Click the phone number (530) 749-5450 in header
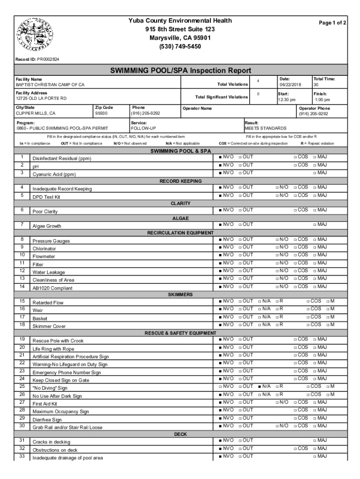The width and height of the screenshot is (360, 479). pyautogui.click(x=180, y=46)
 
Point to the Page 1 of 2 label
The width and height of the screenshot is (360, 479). pyautogui.click(x=332, y=22)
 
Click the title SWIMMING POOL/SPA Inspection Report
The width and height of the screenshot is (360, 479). pyautogui.click(x=180, y=71)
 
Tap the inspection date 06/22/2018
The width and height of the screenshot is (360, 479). pyautogui.click(x=290, y=85)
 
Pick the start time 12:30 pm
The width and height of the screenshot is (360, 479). pyautogui.click(x=287, y=100)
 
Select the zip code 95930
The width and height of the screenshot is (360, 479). pyautogui.click(x=101, y=113)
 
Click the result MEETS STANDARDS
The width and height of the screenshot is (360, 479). pyautogui.click(x=266, y=128)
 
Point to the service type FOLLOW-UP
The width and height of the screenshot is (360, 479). pyautogui.click(x=144, y=128)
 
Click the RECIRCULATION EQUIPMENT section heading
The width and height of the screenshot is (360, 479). pyautogui.click(x=180, y=232)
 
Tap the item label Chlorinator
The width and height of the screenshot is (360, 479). pyautogui.click(x=44, y=249)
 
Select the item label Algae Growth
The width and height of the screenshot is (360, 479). pyautogui.click(x=47, y=226)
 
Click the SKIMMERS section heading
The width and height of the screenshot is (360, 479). pyautogui.click(x=180, y=295)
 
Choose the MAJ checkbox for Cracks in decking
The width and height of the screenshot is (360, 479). pyautogui.click(x=315, y=440)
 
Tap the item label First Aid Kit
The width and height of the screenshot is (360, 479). pyautogui.click(x=45, y=403)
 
